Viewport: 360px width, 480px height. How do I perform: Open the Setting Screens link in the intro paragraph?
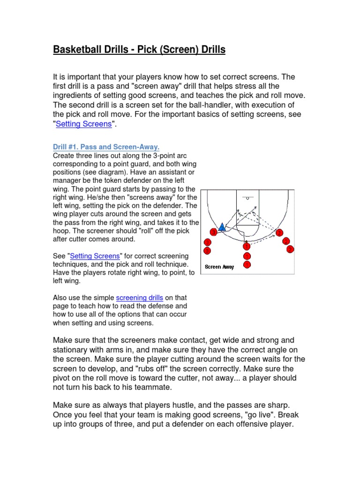(84, 124)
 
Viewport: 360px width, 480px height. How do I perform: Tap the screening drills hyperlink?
(140, 298)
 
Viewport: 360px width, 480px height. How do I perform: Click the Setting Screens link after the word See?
(95, 256)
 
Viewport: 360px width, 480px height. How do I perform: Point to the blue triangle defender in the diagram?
(222, 227)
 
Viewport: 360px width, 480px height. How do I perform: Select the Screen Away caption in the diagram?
(219, 267)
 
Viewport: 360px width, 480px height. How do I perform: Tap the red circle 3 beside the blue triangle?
(214, 232)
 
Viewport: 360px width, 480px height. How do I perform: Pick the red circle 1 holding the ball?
(247, 246)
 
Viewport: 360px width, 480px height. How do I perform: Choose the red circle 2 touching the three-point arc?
(279, 232)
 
